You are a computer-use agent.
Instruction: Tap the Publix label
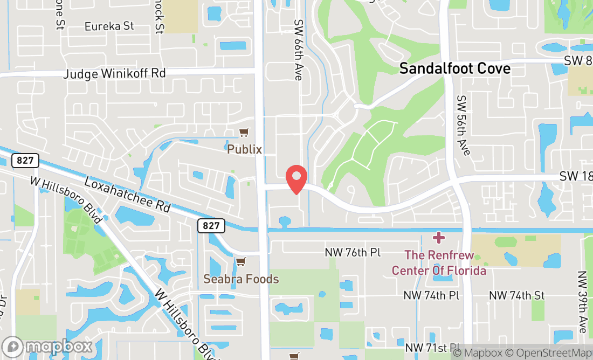[244, 149]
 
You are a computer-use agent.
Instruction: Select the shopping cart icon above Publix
[244, 132]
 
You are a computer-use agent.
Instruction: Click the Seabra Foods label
[241, 279]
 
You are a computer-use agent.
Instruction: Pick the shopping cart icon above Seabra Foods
[240, 261]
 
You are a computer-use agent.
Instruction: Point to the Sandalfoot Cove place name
[454, 68]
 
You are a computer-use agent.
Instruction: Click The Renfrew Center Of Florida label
[439, 262]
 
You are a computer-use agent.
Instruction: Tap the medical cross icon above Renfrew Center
[439, 237]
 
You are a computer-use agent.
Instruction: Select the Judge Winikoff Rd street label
[114, 73]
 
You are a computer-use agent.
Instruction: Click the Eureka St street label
[109, 26]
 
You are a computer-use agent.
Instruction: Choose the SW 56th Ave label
[463, 125]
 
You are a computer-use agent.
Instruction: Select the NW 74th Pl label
[431, 295]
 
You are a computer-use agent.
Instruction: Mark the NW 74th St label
[516, 295]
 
